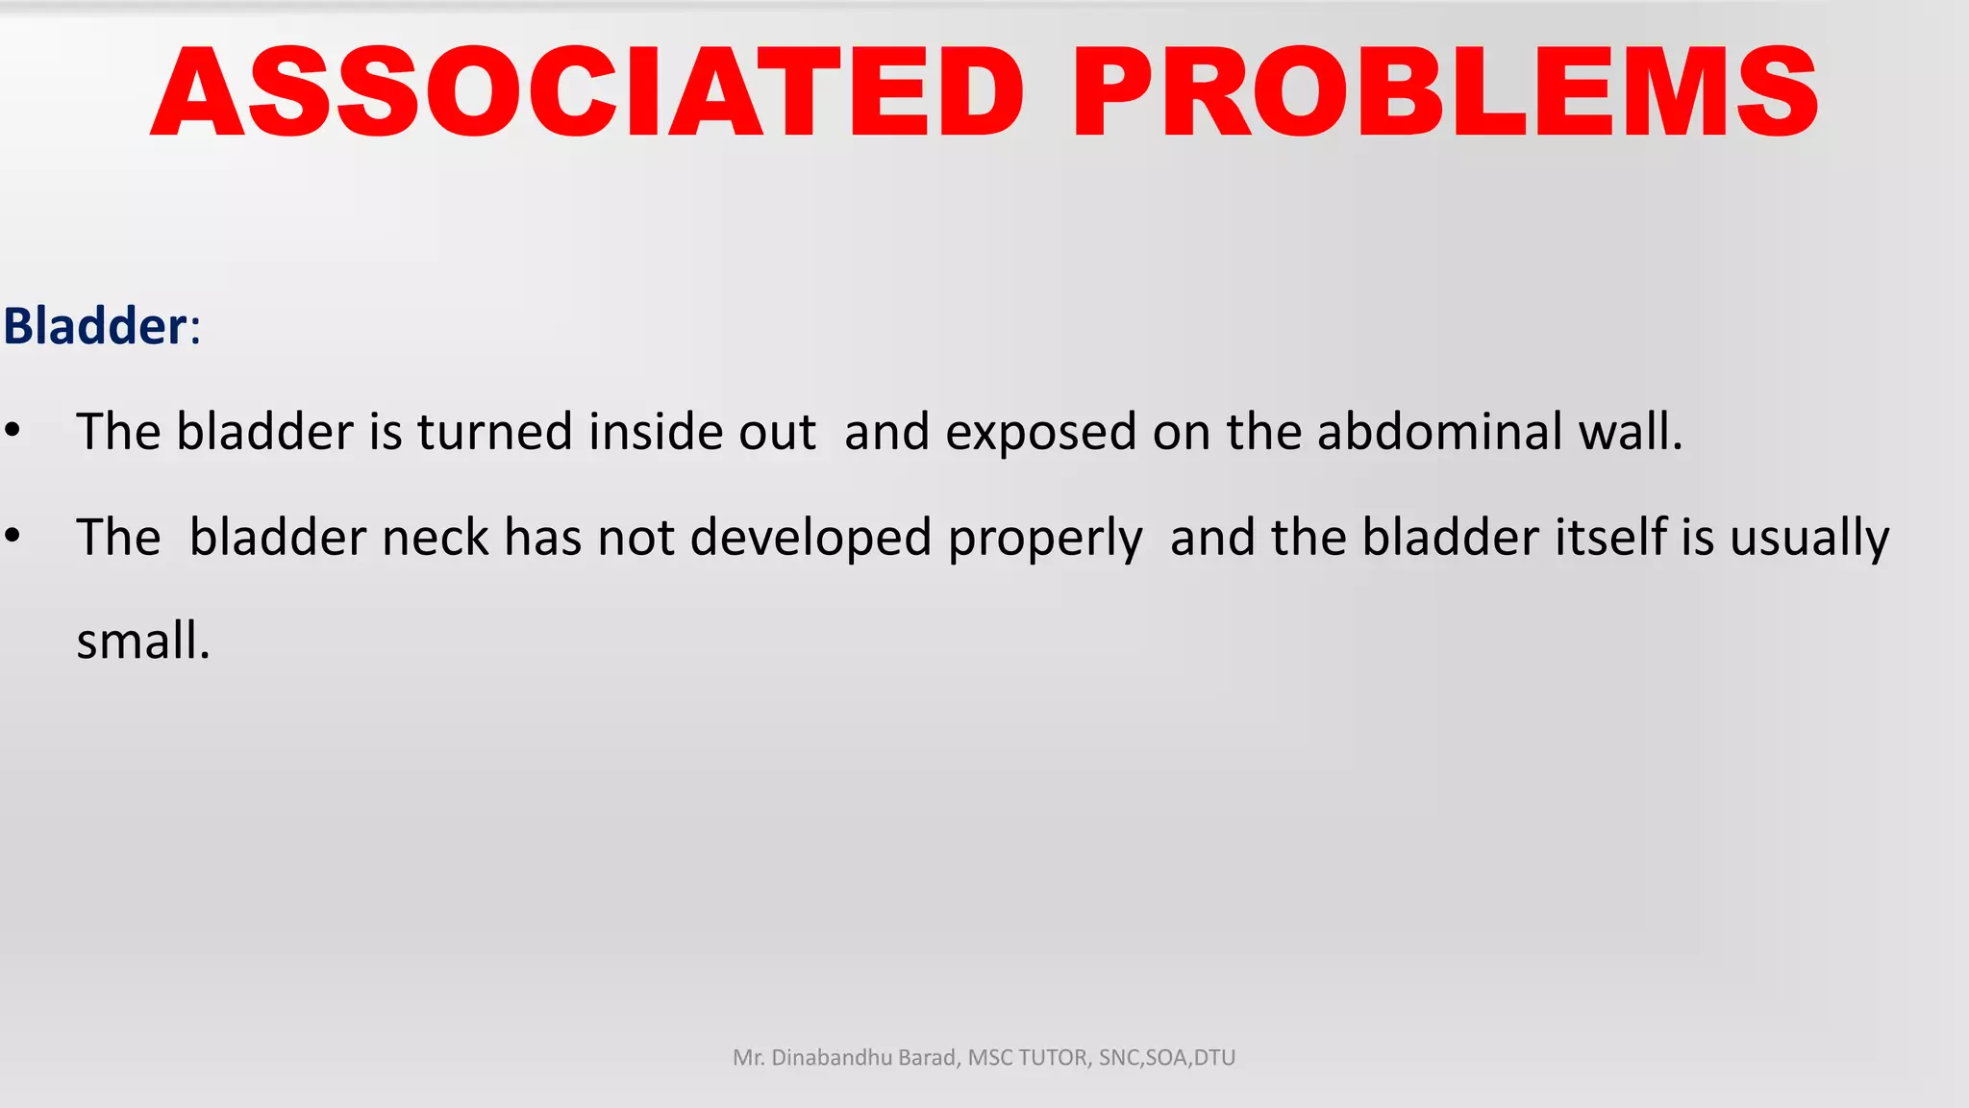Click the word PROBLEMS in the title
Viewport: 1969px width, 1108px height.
(x=1444, y=92)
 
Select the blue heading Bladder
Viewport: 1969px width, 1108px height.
(x=94, y=326)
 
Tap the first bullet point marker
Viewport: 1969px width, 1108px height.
(x=12, y=430)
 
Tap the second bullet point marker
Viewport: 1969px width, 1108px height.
(x=12, y=536)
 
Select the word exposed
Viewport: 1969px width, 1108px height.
(x=1040, y=433)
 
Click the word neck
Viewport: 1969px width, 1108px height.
(x=436, y=537)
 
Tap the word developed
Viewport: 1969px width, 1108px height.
(x=810, y=539)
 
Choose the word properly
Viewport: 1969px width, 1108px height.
(x=1045, y=539)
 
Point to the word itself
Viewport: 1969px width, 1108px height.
(x=1609, y=537)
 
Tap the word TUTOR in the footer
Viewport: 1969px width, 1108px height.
(x=1054, y=1058)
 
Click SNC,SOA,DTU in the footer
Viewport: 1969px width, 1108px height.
(x=1166, y=1058)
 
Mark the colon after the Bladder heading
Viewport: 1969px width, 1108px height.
(x=195, y=329)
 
